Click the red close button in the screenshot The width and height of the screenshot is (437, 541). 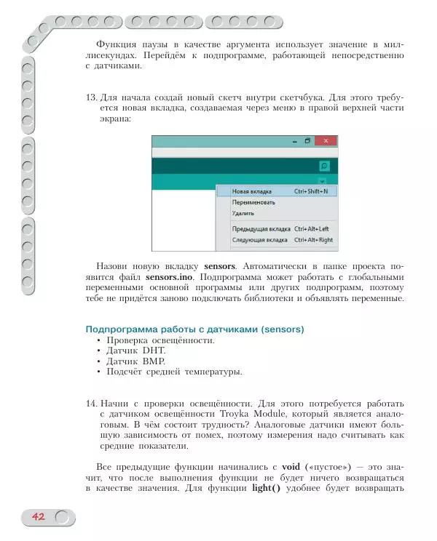[325, 140]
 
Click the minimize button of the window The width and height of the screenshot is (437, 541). [294, 140]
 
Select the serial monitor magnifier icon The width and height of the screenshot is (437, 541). [324, 166]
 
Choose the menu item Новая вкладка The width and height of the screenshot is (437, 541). [248, 191]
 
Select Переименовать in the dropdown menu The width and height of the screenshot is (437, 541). [253, 202]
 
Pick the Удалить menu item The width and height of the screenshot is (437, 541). [243, 214]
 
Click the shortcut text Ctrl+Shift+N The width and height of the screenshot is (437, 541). [311, 191]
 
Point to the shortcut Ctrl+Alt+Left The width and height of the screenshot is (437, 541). [312, 228]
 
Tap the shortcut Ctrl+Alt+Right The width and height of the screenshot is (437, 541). [313, 239]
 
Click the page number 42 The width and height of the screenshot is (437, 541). [38, 517]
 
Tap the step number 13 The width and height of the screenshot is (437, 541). [91, 97]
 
